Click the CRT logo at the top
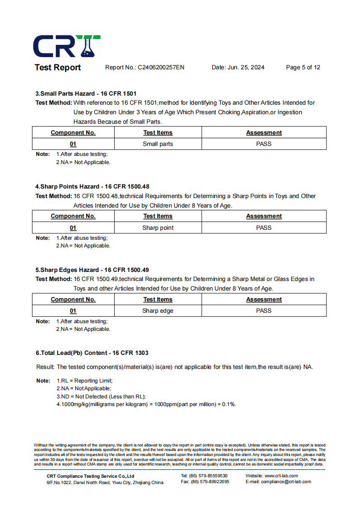67,46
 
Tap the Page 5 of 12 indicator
303,68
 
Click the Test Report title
58,68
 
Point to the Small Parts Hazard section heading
86,93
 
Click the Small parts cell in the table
158,144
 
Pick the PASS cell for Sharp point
264,228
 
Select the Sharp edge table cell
158,311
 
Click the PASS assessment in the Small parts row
264,144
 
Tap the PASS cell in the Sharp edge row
264,311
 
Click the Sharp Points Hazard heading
92,186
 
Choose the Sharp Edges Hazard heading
92,270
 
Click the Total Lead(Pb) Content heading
92,353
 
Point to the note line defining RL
84,381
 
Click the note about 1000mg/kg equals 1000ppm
146,404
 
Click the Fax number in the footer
205,482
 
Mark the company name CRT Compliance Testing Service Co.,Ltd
90,476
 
